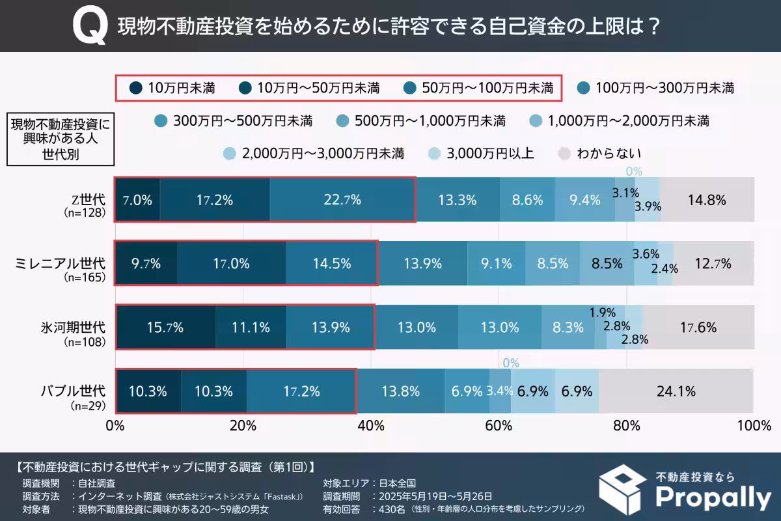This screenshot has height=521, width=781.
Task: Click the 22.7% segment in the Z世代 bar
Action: [342, 200]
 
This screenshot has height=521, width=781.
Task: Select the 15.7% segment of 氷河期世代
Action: [166, 328]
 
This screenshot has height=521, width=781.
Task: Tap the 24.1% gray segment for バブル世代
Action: [676, 391]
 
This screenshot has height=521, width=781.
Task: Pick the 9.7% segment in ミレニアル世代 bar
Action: [146, 264]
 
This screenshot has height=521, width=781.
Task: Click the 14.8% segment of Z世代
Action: [707, 200]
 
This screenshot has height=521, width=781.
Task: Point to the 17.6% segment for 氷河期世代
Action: [698, 328]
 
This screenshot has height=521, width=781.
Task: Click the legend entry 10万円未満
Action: [173, 87]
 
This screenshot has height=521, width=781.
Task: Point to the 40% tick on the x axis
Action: [371, 426]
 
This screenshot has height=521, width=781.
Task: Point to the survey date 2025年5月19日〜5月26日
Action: [432, 496]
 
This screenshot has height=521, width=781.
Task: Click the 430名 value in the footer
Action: [390, 508]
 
